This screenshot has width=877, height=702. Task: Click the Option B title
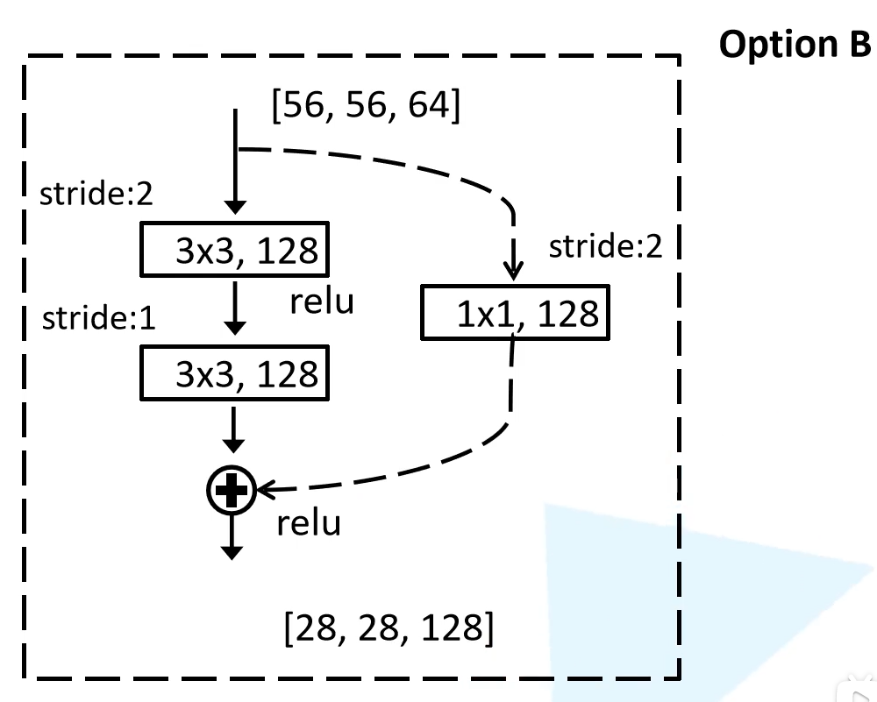(795, 45)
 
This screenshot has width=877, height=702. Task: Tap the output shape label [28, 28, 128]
(386, 628)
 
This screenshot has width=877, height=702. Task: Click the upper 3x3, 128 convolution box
(232, 250)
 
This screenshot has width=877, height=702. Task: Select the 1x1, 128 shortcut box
(514, 313)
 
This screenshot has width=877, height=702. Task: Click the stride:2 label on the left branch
(96, 194)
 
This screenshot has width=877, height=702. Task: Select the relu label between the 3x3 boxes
(322, 301)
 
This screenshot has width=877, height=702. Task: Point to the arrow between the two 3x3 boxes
(232, 311)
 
